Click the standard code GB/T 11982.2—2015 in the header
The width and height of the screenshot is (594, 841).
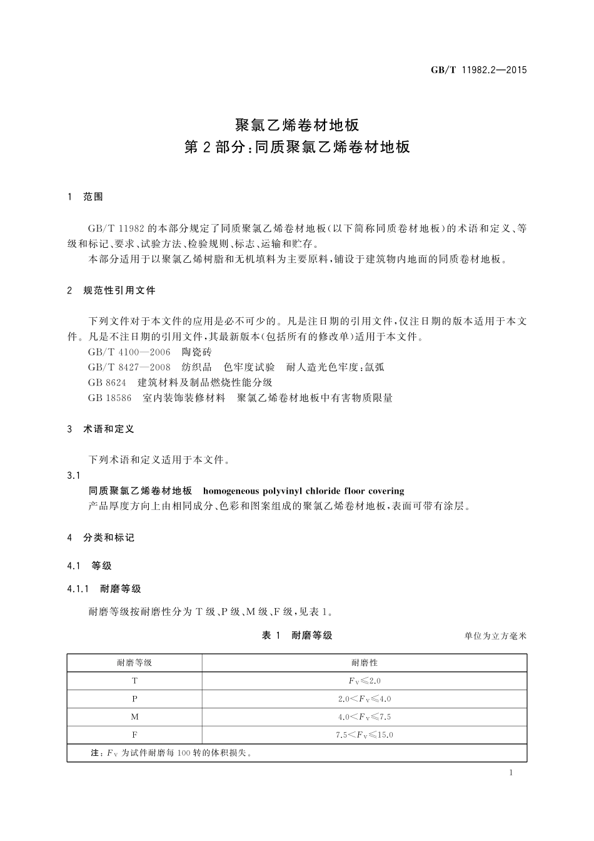pos(478,70)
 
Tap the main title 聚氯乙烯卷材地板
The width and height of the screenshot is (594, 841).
pos(297,125)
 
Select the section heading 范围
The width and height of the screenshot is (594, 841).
pos(93,197)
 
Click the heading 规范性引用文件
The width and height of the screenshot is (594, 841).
pos(119,290)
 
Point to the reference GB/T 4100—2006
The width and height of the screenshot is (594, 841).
pos(129,352)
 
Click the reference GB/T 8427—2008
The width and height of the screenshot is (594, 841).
pos(129,367)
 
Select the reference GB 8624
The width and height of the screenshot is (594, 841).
pos(108,382)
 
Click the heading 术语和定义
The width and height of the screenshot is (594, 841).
pos(109,429)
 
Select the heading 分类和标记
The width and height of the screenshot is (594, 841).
pos(109,538)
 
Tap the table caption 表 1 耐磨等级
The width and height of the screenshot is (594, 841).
pos(297,636)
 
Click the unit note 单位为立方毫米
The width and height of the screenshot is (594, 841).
pos(496,636)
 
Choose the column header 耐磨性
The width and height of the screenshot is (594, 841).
pos(365,663)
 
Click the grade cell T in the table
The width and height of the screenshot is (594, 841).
pos(134,681)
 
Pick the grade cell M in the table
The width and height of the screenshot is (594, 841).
pos(134,717)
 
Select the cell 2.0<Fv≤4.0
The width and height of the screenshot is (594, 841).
pos(365,699)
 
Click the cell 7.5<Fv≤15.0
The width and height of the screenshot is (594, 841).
pos(365,735)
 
